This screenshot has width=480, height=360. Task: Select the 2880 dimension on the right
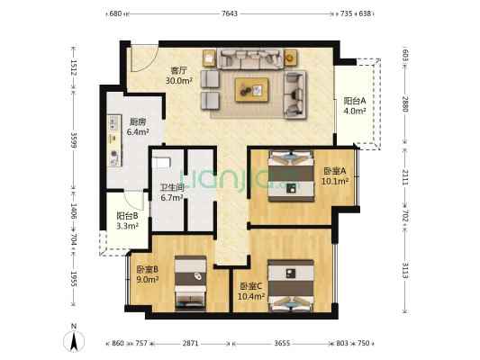pyautogui.click(x=405, y=104)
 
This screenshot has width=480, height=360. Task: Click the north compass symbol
pyautogui.click(x=73, y=341)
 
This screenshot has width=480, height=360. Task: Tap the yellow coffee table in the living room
pyautogui.click(x=253, y=89)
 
